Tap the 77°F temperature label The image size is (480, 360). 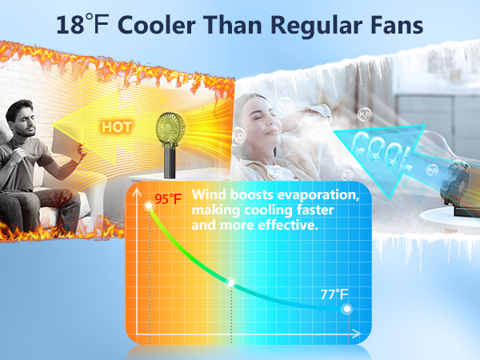(x=335, y=294)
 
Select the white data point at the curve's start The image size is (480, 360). (x=148, y=207)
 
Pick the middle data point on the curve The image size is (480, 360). (x=231, y=283)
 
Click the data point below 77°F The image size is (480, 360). (x=346, y=309)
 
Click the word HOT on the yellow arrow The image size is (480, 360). (x=117, y=126)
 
